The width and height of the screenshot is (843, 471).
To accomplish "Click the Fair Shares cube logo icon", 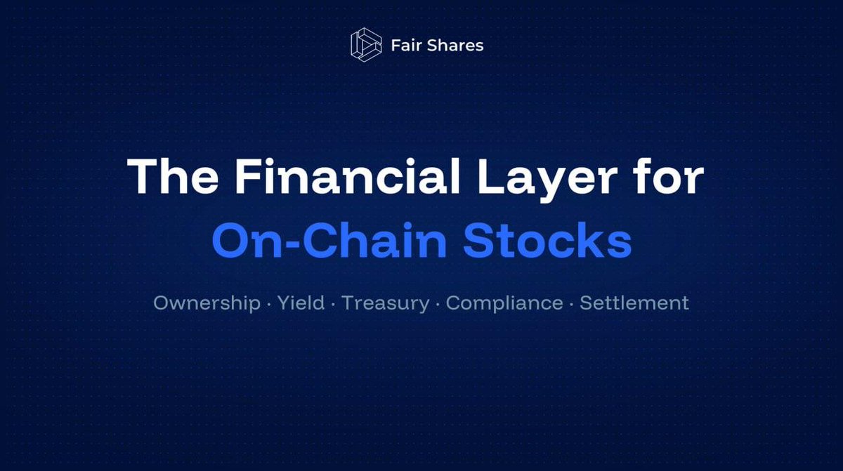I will [x=365, y=46].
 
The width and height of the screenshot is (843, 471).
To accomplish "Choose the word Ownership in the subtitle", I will [x=207, y=304].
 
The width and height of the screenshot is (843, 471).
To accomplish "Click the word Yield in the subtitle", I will [x=301, y=304].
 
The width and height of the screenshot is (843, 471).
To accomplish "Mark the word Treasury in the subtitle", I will [x=385, y=304].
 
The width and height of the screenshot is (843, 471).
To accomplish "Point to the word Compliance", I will [x=504, y=304].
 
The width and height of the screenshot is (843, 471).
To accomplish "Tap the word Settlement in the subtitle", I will [x=634, y=303].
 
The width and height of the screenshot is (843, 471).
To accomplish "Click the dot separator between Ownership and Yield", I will [x=268, y=304].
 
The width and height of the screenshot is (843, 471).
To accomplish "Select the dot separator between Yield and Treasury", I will [x=333, y=304].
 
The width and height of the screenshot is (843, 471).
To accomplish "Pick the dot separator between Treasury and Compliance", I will [x=438, y=304].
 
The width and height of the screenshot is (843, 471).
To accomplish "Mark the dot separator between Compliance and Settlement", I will [x=571, y=304].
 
